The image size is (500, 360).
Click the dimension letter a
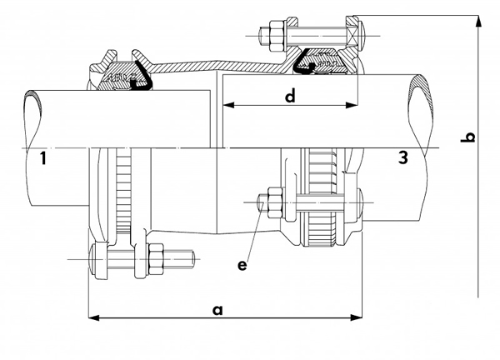point(217,310)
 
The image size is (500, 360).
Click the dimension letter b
point(468,137)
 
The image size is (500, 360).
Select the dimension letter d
point(290,96)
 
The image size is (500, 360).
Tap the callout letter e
point(242,265)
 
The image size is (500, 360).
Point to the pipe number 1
point(43,158)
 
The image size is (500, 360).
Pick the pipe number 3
point(403,157)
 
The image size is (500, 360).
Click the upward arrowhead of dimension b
point(478,22)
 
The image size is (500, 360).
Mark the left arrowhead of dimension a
point(93,317)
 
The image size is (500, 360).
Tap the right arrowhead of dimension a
point(356,317)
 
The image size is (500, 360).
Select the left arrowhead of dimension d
point(228,105)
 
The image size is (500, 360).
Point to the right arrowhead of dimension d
point(352,105)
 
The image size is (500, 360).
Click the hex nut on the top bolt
point(276,36)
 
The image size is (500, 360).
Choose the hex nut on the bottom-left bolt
point(156,259)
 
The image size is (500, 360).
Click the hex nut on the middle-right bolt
point(275,202)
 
